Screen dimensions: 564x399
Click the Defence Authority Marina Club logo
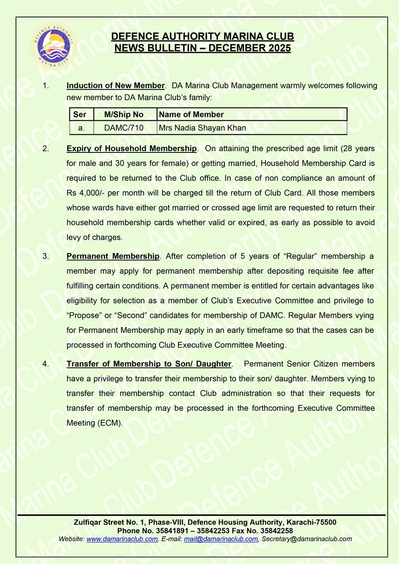pos(54,45)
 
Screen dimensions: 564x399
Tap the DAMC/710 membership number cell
pos(124,128)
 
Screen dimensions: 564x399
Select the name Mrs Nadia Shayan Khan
pos(202,128)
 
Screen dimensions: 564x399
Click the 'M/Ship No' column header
pos(124,115)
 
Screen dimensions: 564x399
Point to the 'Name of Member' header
pos(191,115)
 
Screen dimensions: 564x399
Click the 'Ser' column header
pos(80,115)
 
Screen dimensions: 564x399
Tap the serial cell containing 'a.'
pos(81,128)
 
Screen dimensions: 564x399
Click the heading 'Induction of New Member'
pos(115,85)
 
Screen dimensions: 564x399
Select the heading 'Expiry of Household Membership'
pos(131,148)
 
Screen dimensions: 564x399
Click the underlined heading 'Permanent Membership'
pos(113,256)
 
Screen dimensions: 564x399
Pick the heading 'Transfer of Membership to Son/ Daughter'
pos(149,364)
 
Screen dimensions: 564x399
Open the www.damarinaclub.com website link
pos(122,539)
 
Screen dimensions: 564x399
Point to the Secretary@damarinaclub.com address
pos(307,539)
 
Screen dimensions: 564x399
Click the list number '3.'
pos(45,256)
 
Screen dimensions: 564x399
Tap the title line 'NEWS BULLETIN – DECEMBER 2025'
pos(203,48)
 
